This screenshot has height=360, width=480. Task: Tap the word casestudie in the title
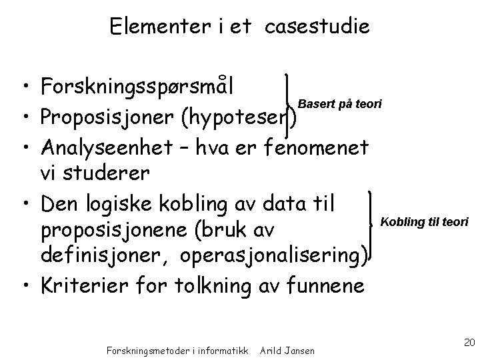point(317,27)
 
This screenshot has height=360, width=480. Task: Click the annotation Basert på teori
point(340,104)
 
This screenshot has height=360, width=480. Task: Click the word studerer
point(107,173)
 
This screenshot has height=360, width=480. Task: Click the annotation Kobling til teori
point(424,221)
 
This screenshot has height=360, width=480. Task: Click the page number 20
point(468,343)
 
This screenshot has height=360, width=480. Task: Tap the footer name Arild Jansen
point(288,349)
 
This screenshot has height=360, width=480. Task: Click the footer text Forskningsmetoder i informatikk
point(177,349)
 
